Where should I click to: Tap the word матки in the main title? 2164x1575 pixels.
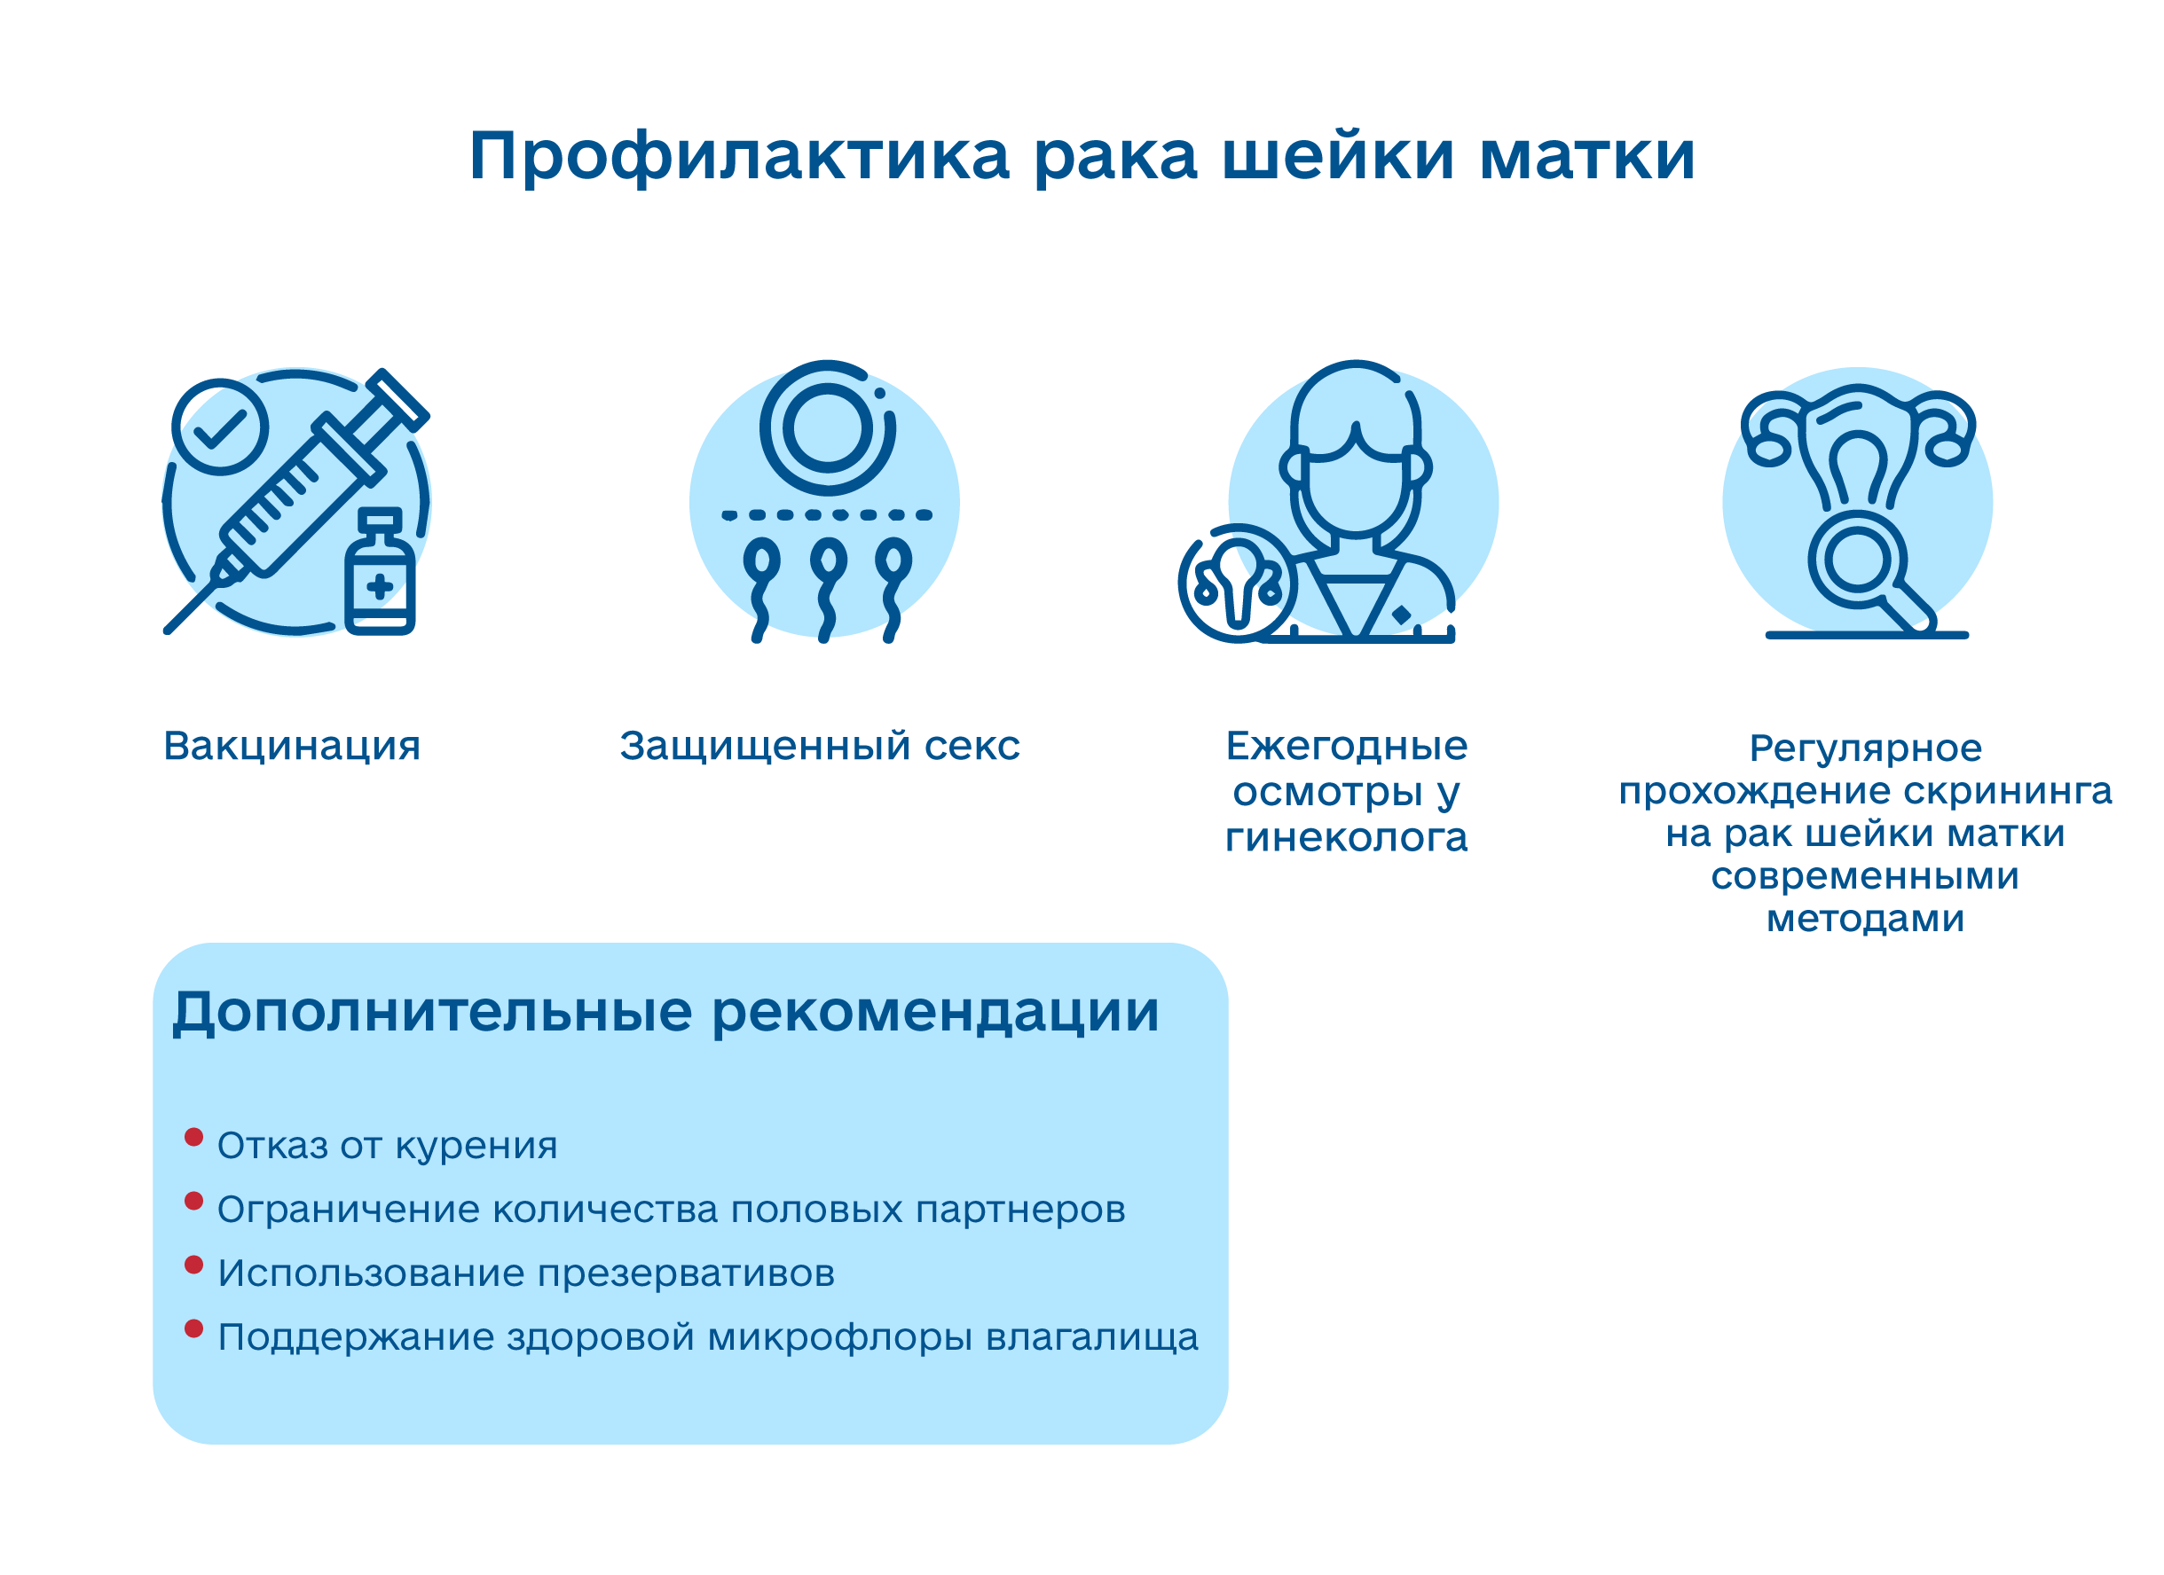point(1586,156)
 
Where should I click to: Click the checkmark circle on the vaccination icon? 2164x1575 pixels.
point(220,427)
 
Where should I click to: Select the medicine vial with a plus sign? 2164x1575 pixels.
point(380,572)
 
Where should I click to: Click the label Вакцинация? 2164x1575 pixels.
point(292,746)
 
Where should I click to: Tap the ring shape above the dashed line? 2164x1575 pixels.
point(827,428)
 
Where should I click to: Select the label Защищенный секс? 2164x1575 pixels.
point(820,746)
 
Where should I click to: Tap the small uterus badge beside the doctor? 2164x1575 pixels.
point(1238,584)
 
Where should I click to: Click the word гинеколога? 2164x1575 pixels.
point(1346,837)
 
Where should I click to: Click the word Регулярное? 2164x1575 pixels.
point(1865,748)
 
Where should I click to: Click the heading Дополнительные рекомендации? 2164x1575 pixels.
point(665,1012)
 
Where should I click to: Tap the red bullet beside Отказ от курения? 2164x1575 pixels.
point(193,1137)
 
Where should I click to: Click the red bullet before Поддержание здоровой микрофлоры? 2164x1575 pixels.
point(193,1328)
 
